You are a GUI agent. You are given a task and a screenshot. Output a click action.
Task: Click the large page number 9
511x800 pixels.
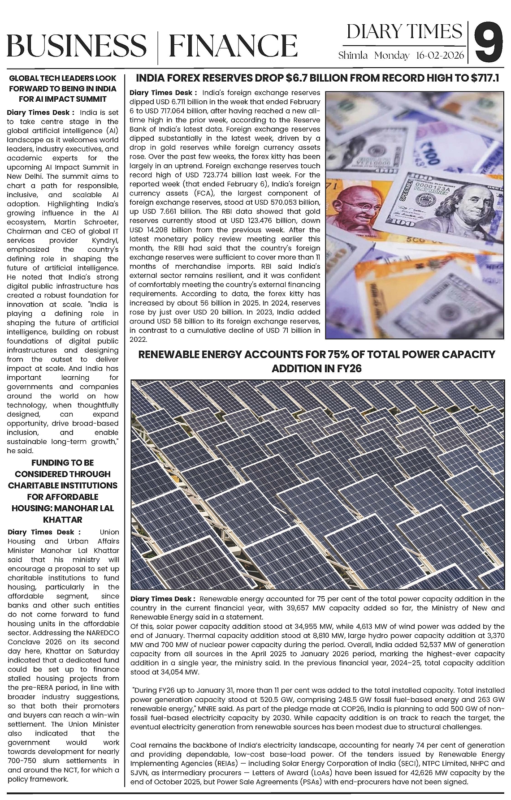click(x=489, y=43)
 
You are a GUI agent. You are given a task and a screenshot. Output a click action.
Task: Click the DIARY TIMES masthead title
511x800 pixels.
click(x=404, y=32)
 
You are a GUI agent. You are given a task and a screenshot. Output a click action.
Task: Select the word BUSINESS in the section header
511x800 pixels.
click(x=76, y=46)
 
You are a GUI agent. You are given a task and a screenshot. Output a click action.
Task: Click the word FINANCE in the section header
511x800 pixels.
click(x=233, y=46)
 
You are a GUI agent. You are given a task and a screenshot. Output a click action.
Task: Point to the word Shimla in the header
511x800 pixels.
click(x=353, y=56)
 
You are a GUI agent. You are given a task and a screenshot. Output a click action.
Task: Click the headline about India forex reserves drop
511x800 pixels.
click(x=317, y=78)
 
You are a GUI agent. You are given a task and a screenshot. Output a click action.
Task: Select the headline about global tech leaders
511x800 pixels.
click(x=63, y=88)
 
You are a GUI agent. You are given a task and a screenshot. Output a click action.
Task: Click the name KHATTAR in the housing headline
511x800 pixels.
click(x=62, y=520)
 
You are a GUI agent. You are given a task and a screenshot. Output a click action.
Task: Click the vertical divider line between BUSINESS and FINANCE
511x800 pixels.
click(x=158, y=46)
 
